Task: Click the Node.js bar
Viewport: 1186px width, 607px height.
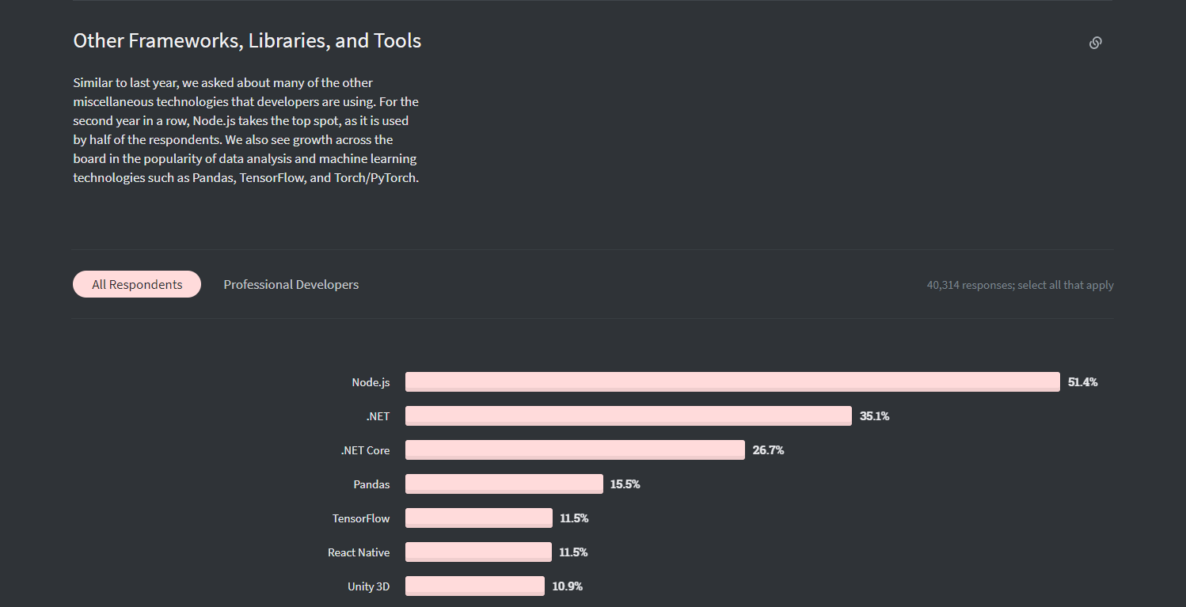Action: pyautogui.click(x=732, y=381)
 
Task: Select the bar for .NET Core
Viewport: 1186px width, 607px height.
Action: pyautogui.click(x=575, y=450)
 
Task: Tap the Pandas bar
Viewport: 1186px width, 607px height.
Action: pyautogui.click(x=504, y=484)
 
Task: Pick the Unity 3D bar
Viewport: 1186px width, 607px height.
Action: pyautogui.click(x=475, y=586)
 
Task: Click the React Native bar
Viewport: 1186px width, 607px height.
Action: pyautogui.click(x=478, y=552)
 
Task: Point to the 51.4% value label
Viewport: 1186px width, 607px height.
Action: pyautogui.click(x=1083, y=382)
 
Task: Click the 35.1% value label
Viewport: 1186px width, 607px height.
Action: pyautogui.click(x=874, y=416)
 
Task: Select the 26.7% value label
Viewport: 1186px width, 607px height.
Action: pyautogui.click(x=768, y=450)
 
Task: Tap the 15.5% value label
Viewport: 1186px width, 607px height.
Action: pyautogui.click(x=625, y=484)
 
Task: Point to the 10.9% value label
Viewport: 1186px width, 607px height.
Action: pyautogui.click(x=567, y=586)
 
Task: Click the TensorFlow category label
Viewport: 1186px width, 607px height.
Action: pyautogui.click(x=360, y=518)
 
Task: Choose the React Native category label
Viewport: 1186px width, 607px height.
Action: pyautogui.click(x=359, y=552)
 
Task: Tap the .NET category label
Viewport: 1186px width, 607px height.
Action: pyautogui.click(x=378, y=416)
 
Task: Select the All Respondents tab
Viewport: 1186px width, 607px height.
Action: pyautogui.click(x=137, y=284)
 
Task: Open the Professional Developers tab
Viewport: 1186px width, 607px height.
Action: pyautogui.click(x=291, y=284)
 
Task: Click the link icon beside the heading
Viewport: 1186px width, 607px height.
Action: pyautogui.click(x=1096, y=43)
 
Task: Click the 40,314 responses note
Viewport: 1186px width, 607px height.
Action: pyautogui.click(x=1020, y=285)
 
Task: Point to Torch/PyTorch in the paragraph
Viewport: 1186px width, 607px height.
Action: pyautogui.click(x=376, y=178)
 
